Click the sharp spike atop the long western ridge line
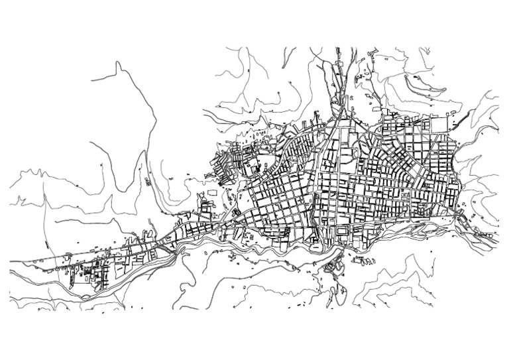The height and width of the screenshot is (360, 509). [117, 63]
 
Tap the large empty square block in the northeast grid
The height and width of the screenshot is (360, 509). [439, 124]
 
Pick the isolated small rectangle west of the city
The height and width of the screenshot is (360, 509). [212, 192]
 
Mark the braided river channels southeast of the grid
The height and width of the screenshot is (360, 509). [424, 229]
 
